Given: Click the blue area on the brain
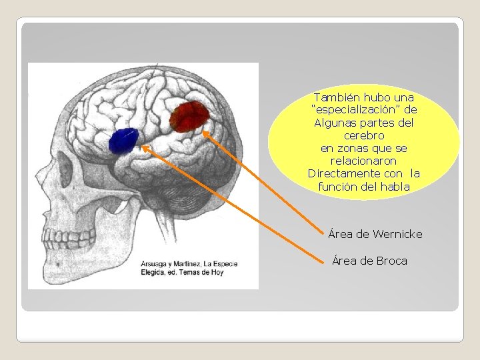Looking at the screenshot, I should tap(123, 141).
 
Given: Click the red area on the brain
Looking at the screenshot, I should tap(189, 116).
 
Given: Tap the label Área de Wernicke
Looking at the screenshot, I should tap(375, 234).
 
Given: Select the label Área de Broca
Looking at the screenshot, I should tap(369, 261).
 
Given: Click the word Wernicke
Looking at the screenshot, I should tap(399, 234).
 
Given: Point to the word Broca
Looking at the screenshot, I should tap(391, 261).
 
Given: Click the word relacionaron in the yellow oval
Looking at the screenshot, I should tap(364, 161).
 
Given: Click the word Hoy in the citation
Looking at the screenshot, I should tap(229, 272).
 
